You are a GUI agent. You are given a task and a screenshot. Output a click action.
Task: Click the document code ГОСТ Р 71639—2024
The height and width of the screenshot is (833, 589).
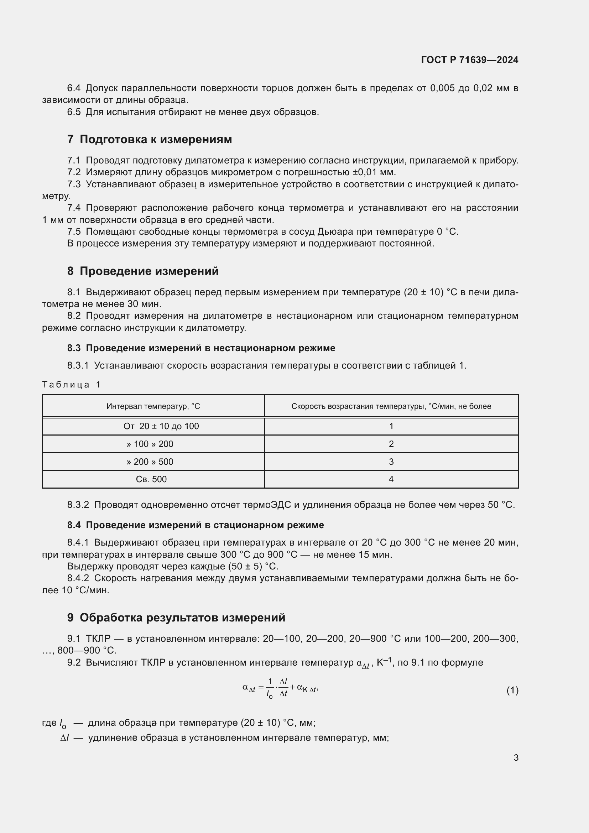469,60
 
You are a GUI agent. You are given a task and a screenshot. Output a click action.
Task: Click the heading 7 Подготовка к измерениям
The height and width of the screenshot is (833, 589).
150,139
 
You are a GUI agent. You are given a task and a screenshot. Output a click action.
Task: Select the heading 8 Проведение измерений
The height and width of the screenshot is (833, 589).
143,271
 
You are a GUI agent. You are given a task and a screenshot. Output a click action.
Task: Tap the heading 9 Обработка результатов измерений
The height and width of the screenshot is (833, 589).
176,617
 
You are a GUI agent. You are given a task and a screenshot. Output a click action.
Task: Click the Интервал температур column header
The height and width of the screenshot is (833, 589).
153,406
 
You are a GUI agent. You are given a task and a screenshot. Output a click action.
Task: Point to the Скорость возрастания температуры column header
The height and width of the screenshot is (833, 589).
391,406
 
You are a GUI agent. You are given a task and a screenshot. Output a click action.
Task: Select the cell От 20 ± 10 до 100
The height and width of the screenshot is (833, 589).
161,426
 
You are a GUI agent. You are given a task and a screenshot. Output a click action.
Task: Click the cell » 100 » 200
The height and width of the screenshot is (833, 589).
150,444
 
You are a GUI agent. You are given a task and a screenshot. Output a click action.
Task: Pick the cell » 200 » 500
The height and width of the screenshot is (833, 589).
150,462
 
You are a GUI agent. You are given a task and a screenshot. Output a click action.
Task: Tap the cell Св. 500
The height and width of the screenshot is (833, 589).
151,479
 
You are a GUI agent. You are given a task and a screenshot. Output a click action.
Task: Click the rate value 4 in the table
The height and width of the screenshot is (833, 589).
391,479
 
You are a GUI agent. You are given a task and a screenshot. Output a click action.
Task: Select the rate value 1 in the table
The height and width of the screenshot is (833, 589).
391,426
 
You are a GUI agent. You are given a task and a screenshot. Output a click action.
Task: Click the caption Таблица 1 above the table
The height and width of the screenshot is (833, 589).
71,385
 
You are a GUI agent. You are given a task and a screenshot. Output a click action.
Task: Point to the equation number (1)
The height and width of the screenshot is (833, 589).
512,690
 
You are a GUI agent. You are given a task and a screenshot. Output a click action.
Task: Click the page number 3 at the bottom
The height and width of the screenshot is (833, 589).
516,757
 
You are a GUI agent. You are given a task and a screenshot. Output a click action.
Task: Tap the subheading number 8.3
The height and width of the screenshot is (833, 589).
74,348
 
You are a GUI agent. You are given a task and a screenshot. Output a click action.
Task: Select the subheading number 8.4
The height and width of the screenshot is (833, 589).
74,525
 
